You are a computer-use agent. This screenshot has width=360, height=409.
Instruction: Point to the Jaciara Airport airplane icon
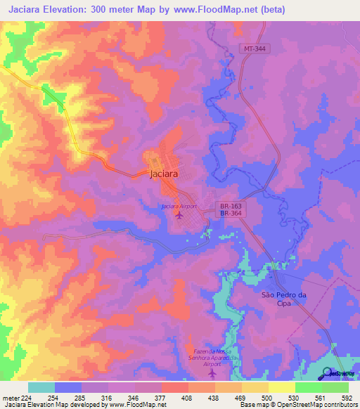(179, 215)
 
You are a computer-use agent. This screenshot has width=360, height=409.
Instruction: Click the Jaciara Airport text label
(178, 206)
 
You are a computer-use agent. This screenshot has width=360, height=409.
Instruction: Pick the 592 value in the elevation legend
(347, 398)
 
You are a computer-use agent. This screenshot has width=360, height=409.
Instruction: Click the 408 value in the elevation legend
(188, 398)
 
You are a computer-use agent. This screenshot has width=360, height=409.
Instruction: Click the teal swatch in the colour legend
(41, 387)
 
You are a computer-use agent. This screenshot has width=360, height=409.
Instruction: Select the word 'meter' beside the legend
(10, 398)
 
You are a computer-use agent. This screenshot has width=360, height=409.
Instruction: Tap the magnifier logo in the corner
(327, 372)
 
